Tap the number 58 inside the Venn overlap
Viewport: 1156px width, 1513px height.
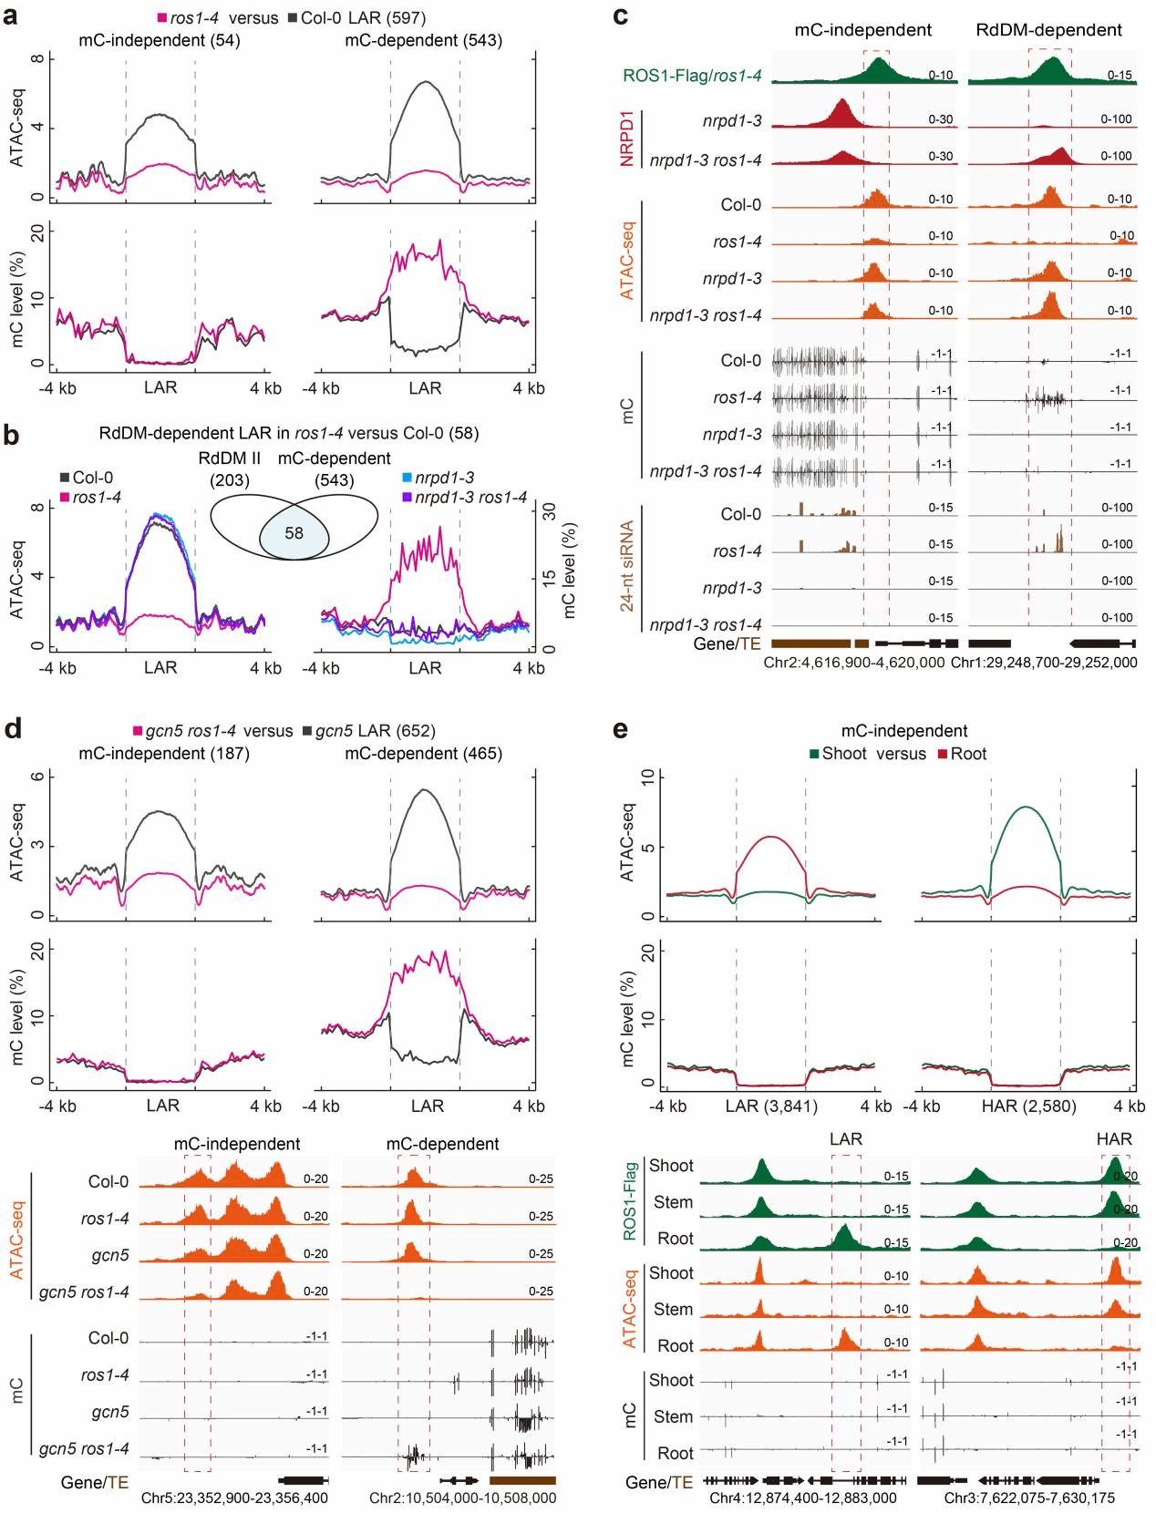(294, 533)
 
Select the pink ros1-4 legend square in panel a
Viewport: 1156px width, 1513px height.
(161, 18)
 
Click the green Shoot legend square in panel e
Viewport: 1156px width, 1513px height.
(814, 754)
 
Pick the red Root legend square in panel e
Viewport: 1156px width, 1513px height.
(941, 754)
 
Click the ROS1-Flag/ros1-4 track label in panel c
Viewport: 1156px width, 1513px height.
(693, 76)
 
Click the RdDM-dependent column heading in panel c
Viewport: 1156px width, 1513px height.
(1048, 30)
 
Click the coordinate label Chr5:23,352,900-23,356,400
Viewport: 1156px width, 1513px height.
(234, 1498)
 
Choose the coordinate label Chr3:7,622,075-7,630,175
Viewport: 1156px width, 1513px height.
(1029, 1498)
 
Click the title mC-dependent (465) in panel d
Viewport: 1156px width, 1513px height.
(427, 754)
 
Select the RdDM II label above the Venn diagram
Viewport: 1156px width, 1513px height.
(224, 458)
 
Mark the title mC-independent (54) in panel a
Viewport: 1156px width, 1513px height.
(160, 40)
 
